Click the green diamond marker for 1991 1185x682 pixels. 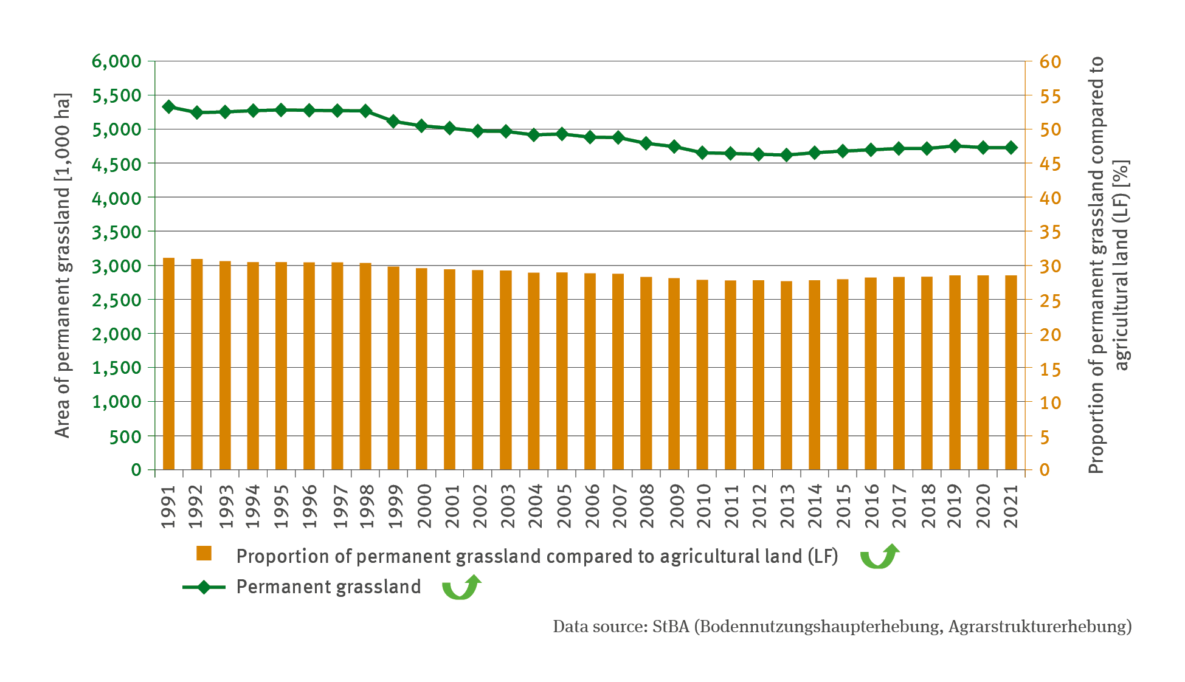(x=169, y=107)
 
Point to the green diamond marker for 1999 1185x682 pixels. (x=393, y=122)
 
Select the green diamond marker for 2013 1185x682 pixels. (x=787, y=155)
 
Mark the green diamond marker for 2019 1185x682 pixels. (x=955, y=146)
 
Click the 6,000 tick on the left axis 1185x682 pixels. (x=116, y=61)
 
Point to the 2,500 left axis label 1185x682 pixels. (x=116, y=300)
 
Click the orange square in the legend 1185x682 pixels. (x=204, y=553)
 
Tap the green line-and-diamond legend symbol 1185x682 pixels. (x=204, y=587)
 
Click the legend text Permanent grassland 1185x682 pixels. (x=328, y=587)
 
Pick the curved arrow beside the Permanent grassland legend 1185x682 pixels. (x=461, y=588)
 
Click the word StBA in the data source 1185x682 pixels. (x=671, y=627)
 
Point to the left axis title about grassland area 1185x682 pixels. (x=63, y=266)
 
